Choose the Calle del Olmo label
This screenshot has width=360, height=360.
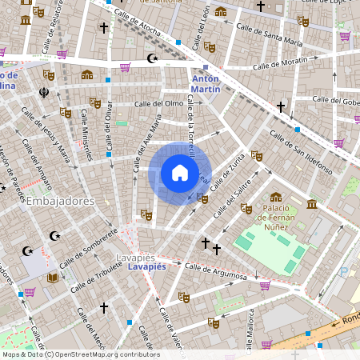158,104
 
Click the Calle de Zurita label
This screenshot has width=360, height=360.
228,170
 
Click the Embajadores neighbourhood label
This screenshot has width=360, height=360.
61,201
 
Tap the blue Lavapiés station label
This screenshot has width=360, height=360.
146,267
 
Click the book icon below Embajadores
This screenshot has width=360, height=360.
53,278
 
